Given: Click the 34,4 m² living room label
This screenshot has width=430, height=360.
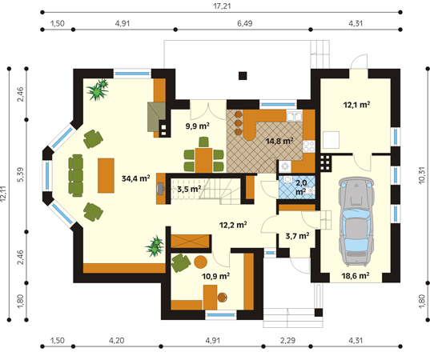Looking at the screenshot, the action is pos(136,178).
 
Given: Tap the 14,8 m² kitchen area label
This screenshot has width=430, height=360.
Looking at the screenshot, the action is pos(279,141).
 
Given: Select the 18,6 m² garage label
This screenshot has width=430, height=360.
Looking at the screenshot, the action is pos(356,275).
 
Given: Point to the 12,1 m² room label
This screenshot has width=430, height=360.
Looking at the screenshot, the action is pos(357,104).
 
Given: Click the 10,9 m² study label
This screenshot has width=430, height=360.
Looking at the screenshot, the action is pos(216,276).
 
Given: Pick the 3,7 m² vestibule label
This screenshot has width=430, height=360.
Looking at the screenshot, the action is pos(298,236).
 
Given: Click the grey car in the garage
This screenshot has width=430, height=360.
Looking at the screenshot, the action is pos(356,222).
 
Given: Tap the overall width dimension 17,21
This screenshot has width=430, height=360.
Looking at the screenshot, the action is pos(222,6).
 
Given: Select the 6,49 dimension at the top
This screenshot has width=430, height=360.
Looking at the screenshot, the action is pos(244,23).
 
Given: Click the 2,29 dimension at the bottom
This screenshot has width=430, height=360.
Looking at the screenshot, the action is pos(287,340).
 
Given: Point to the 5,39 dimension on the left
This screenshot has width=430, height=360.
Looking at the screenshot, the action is pos(21,174).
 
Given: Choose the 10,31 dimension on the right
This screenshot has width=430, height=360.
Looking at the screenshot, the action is pos(422,175).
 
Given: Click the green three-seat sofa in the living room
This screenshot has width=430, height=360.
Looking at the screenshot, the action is pos(76,176).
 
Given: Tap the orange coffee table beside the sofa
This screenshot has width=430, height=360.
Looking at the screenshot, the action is pos(106,176).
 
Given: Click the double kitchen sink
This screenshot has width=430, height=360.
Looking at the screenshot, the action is pos(294,117).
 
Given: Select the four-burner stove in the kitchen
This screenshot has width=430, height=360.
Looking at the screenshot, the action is pos(309,146).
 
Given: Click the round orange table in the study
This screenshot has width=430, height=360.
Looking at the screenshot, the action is pos(200,262).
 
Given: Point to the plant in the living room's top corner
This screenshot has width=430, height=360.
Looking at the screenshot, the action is pos(98,90).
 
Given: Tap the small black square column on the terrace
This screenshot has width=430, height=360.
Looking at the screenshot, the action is pos(243,76).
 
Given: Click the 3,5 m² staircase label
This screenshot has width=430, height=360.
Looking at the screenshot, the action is pos(189,189).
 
